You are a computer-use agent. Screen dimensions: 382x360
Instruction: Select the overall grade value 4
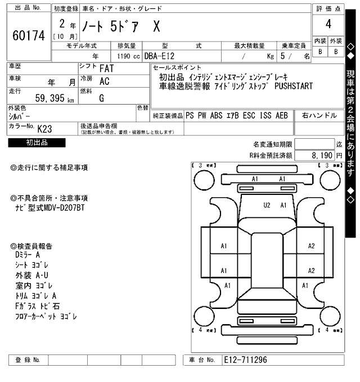[x=328, y=24]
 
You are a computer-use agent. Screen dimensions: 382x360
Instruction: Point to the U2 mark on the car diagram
[x=267, y=205]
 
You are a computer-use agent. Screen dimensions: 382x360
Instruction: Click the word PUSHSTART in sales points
[x=294, y=86]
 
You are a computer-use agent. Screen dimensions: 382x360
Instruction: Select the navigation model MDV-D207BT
[x=65, y=207]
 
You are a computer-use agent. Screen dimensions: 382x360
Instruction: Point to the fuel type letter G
[x=101, y=98]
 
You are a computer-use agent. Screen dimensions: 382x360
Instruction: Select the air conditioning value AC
[x=104, y=81]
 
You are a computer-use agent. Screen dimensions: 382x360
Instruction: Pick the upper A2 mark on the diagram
[x=311, y=245]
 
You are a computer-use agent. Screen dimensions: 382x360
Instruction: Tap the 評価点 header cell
[x=328, y=8]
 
